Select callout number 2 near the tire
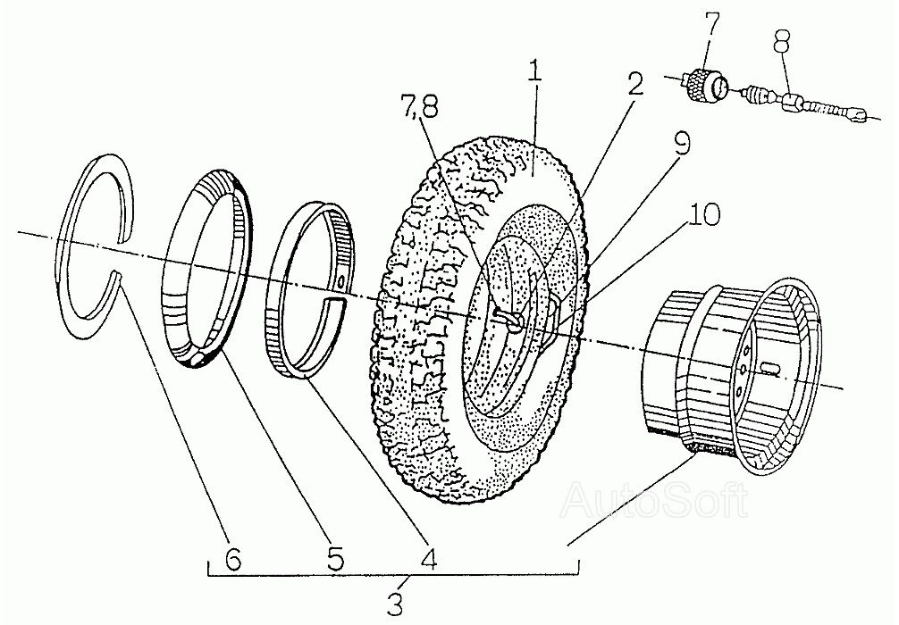tap(634, 85)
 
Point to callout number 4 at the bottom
tap(429, 560)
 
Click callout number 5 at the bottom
tap(334, 560)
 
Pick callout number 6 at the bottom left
tap(232, 560)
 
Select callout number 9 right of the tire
tap(683, 146)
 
